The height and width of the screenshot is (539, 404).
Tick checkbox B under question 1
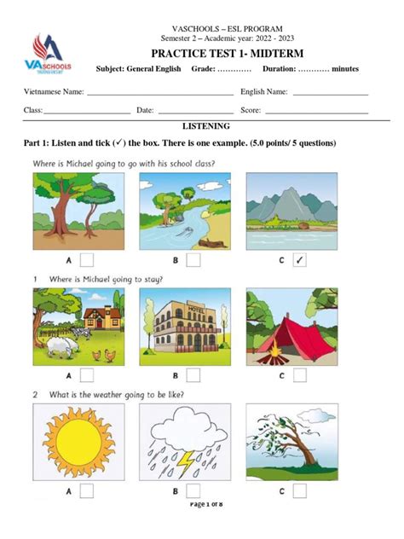click(x=193, y=374)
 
